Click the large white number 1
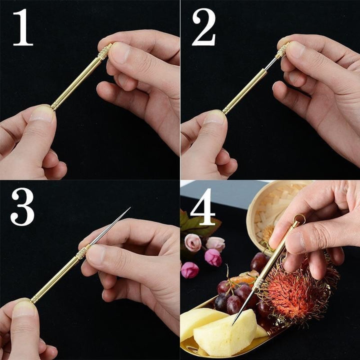click(x=23, y=28)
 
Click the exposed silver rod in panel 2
click(x=271, y=64)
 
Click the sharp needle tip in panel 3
click(x=129, y=208)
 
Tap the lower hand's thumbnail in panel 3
click(x=22, y=308)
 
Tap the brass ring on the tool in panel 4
click(x=299, y=218)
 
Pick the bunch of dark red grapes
click(x=235, y=295)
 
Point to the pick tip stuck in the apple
click(x=233, y=322)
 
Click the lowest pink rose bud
click(x=189, y=270)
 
